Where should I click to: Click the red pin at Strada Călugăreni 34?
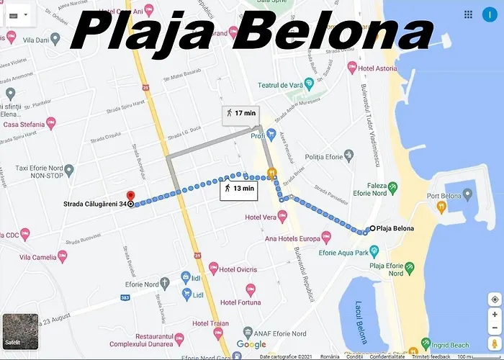tap(130, 197)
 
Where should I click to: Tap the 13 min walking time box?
tap(239, 189)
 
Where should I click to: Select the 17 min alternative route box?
tap(240, 113)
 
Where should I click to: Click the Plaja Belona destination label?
tap(395, 229)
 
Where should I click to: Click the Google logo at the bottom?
tap(251, 345)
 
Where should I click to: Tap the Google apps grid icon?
tap(469, 14)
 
